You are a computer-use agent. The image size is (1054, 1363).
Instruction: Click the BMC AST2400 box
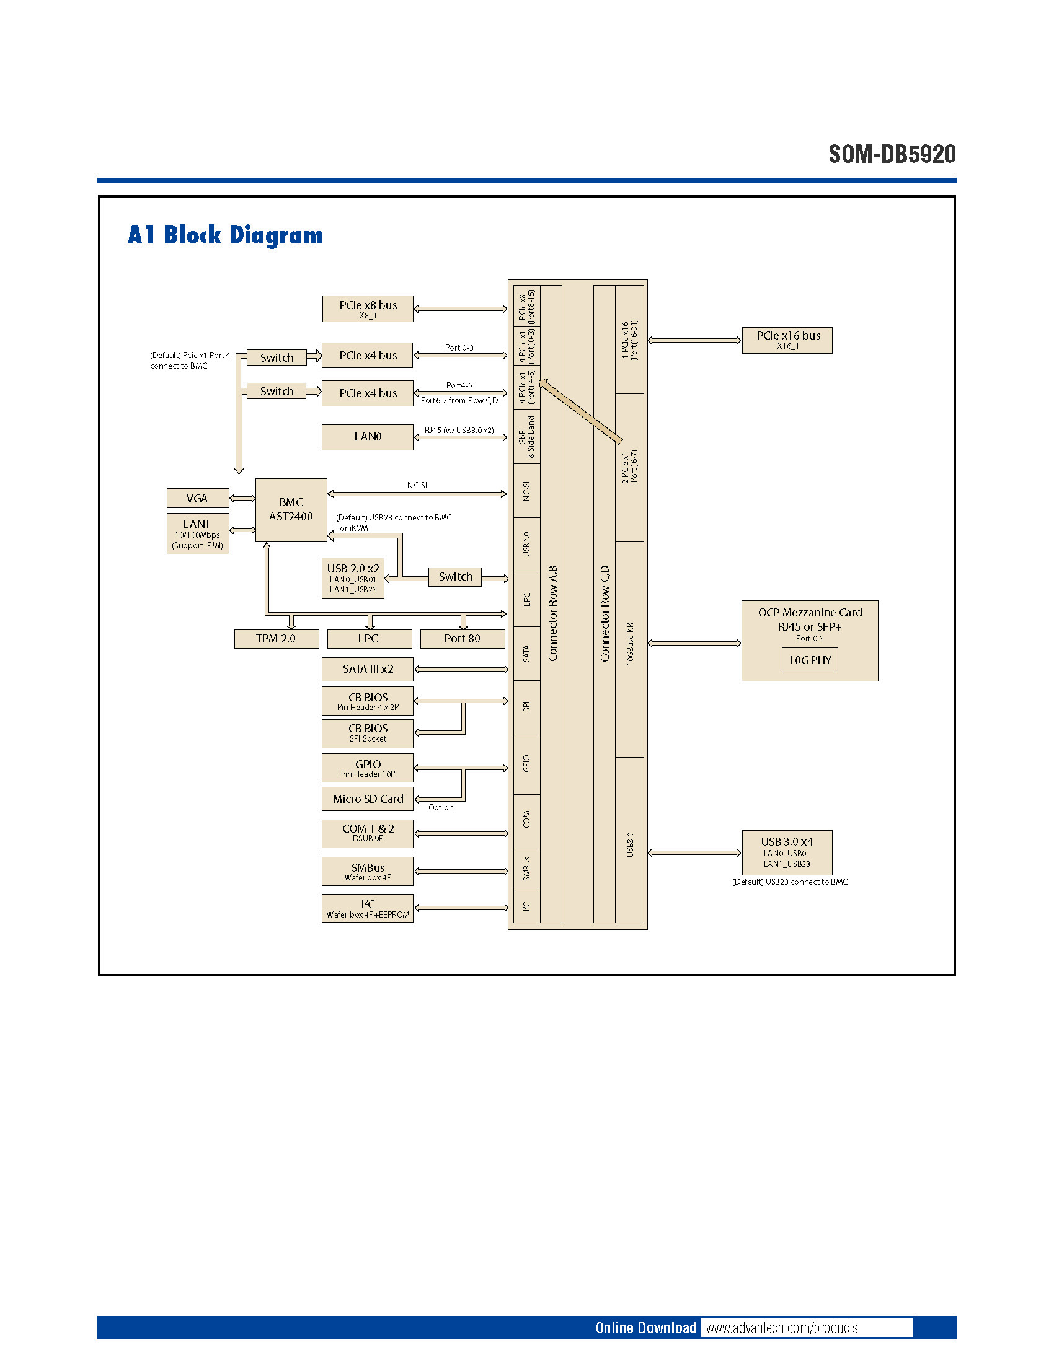[x=291, y=510]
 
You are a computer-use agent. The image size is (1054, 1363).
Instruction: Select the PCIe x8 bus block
[x=368, y=309]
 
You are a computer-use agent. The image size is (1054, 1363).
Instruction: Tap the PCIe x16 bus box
[x=787, y=340]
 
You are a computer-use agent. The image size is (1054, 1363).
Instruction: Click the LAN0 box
[x=368, y=437]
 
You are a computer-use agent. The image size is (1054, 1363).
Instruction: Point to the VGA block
[x=197, y=498]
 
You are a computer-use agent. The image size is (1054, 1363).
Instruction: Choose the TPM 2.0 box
[x=276, y=638]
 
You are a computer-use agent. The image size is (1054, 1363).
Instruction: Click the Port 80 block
[x=462, y=638]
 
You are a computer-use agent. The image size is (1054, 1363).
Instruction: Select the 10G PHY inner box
[x=809, y=660]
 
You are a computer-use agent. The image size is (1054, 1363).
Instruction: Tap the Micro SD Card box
[x=368, y=799]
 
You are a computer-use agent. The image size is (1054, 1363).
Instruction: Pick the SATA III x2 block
[x=368, y=669]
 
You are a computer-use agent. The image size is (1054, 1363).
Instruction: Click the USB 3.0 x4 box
[x=787, y=852]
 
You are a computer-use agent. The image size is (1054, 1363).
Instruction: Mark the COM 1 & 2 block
[x=368, y=833]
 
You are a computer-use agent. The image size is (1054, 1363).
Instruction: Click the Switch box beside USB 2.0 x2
[x=455, y=577]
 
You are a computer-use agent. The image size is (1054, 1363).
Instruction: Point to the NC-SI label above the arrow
[x=417, y=485]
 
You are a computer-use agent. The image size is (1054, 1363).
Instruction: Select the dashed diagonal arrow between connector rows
[x=581, y=411]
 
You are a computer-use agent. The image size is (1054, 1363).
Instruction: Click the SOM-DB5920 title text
[x=892, y=154]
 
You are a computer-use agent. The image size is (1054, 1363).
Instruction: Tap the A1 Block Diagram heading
[x=226, y=235]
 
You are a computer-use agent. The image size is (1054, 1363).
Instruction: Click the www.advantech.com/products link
[x=782, y=1328]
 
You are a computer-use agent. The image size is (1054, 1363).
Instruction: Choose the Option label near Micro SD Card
[x=441, y=807]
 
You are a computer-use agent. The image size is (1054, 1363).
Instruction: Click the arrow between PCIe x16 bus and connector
[x=694, y=340]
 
